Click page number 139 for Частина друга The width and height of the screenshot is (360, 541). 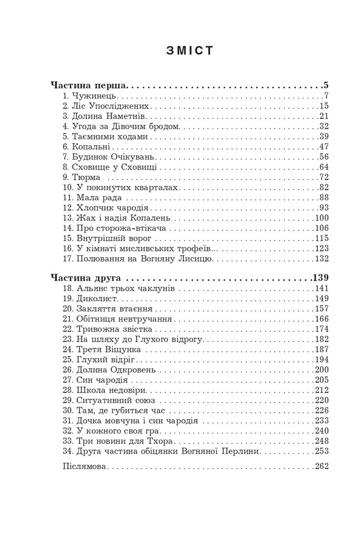pyautogui.click(x=320, y=277)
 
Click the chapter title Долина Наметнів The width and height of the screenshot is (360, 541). pyautogui.click(x=108, y=116)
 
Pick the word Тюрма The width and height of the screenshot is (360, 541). pyautogui.click(x=84, y=176)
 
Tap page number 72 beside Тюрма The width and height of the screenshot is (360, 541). pyautogui.click(x=324, y=176)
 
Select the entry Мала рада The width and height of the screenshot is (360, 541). pyautogui.click(x=96, y=197)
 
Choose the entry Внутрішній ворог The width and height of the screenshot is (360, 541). pyautogui.click(x=111, y=238)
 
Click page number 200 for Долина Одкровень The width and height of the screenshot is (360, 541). pyautogui.click(x=321, y=369)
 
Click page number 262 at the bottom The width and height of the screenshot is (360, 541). pyautogui.click(x=321, y=467)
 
